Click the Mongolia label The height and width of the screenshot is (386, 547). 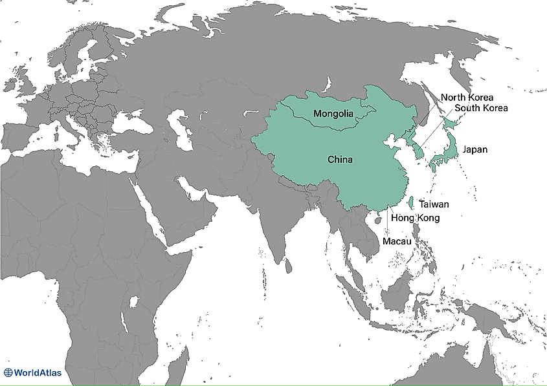[333, 114]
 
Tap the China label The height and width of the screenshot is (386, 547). [340, 159]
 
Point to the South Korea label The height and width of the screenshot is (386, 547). [481, 108]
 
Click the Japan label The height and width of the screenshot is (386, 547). [475, 149]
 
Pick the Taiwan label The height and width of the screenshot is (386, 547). [434, 204]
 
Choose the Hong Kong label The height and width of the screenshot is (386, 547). [416, 218]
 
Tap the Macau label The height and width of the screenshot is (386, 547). [397, 241]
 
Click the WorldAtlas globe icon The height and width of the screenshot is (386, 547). [8, 372]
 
